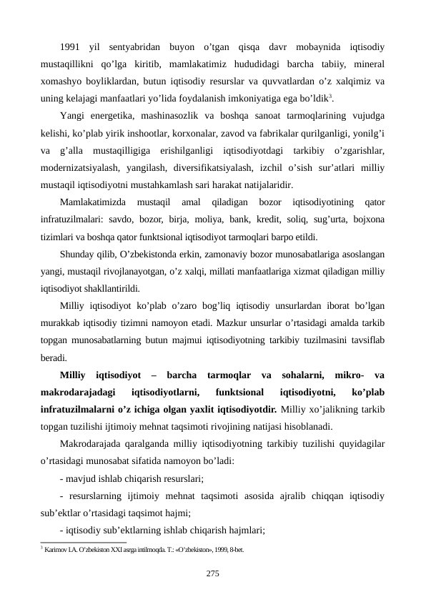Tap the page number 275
212,573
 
